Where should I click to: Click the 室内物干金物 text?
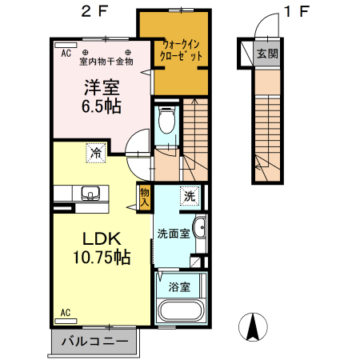[x=106, y=61]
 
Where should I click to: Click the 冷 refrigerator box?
[x=95, y=151]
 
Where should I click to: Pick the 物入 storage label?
[x=145, y=195]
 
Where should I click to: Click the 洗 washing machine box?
[x=189, y=195]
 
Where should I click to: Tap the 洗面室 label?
[x=173, y=234]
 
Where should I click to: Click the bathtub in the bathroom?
[x=182, y=310]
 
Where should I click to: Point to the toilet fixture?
[x=166, y=121]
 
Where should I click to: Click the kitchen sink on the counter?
[x=89, y=193]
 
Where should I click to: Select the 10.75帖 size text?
[x=98, y=258]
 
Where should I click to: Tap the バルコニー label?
[x=94, y=342]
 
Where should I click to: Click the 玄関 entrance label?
[x=266, y=54]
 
